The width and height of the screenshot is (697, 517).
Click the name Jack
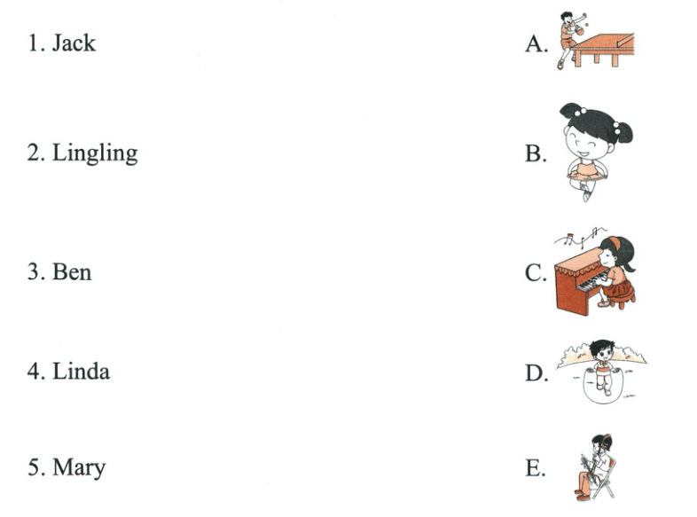(x=74, y=43)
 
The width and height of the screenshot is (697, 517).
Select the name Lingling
(x=95, y=153)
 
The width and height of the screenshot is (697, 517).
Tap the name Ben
(x=72, y=272)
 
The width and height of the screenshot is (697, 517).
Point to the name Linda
(x=81, y=372)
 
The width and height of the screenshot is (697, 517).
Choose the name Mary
(x=79, y=467)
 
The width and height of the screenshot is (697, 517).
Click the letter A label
(x=536, y=44)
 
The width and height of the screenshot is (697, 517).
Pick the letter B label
(x=536, y=153)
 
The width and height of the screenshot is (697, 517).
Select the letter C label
(x=536, y=272)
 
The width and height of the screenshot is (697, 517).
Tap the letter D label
(x=536, y=372)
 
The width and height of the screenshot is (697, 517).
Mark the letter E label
(x=535, y=467)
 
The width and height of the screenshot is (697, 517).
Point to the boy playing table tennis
(x=568, y=39)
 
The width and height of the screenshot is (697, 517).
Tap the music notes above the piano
(x=580, y=237)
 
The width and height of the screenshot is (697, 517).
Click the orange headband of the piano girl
(x=615, y=242)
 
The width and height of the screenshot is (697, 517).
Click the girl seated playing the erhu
(x=595, y=466)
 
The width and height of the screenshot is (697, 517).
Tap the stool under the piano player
(x=621, y=297)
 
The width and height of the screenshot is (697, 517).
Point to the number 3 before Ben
(x=34, y=272)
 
